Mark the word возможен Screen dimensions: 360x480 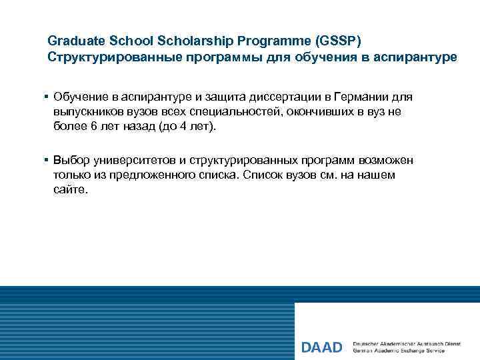point(386,161)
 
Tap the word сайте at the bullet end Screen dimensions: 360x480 point(69,190)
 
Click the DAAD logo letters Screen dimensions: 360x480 point(321,347)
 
